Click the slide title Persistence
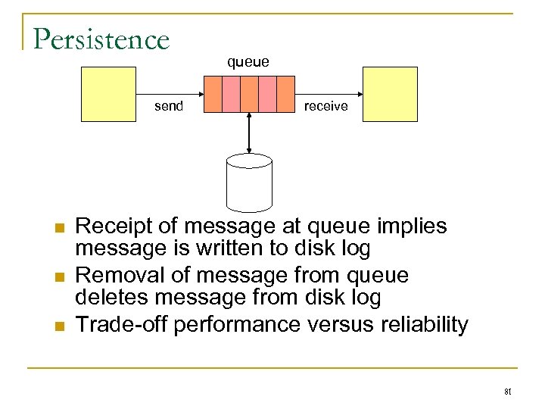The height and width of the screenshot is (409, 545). pos(101,39)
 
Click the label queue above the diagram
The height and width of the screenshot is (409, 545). pos(248,62)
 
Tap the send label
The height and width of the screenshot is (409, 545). pos(168,106)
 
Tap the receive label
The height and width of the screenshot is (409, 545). pos(325,106)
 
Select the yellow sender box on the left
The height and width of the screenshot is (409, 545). pos(109,94)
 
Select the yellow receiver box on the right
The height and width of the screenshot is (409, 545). pos(390,94)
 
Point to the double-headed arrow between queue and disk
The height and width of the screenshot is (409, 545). pos(250,132)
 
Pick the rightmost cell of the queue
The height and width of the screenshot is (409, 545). pos(285,94)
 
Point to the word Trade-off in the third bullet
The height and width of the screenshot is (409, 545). pos(123,324)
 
